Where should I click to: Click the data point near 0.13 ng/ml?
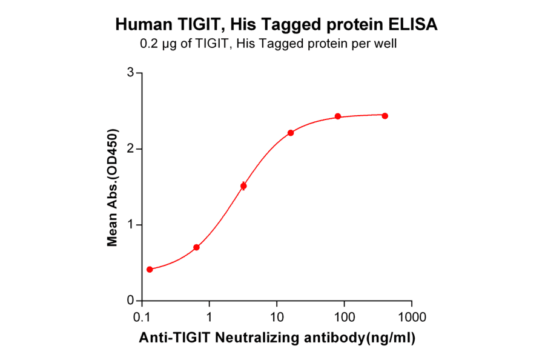tap(150, 269)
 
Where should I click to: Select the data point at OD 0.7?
tap(196, 247)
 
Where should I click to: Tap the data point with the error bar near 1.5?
tap(243, 186)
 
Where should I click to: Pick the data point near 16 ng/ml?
tap(291, 133)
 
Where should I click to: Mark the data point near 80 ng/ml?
tap(338, 116)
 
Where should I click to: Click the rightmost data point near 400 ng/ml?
tap(385, 116)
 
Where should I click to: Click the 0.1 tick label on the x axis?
tap(142, 317)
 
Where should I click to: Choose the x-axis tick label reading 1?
tap(210, 317)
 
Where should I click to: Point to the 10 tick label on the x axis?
tap(277, 317)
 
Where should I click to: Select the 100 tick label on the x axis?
tap(345, 317)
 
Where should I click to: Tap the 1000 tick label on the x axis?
tap(412, 317)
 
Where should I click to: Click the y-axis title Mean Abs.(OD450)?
tap(112, 188)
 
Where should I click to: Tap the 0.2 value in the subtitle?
tap(147, 44)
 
